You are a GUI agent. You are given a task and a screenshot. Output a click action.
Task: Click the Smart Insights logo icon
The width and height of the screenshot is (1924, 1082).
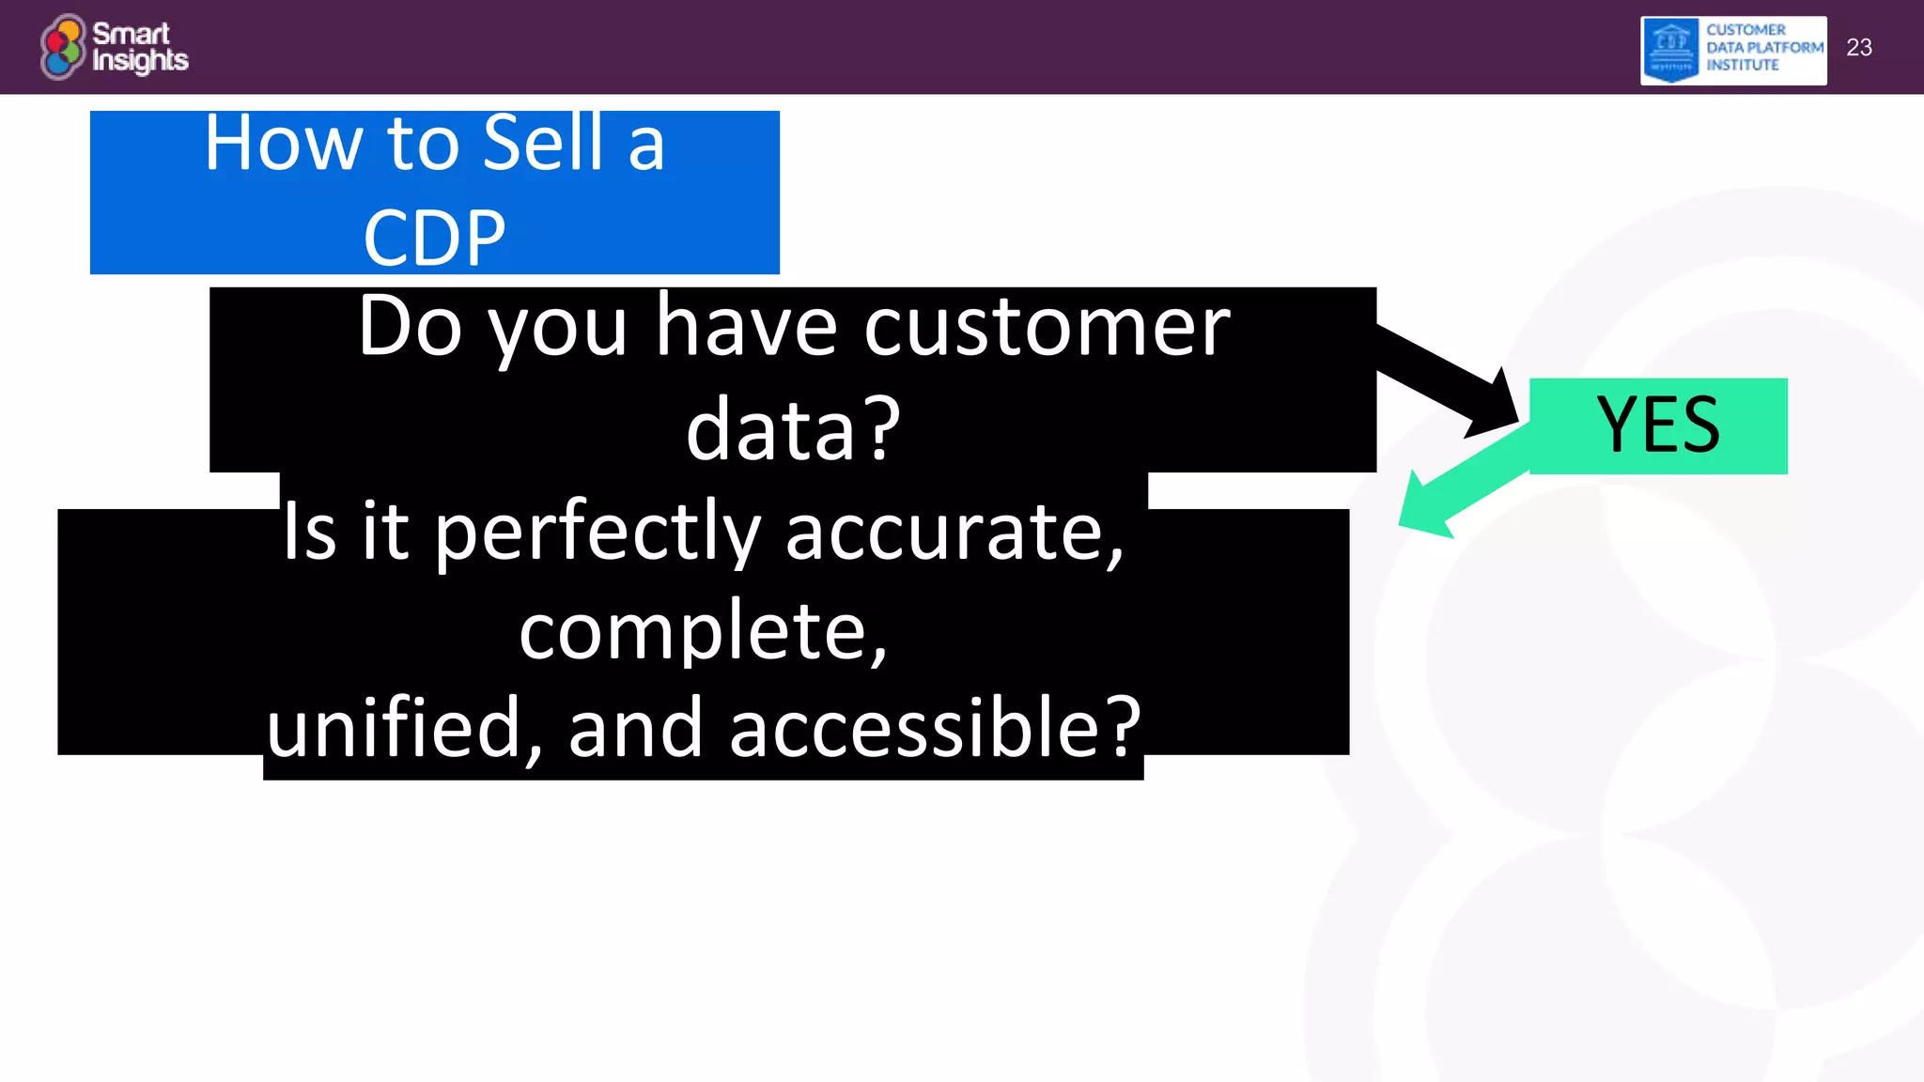pos(62,46)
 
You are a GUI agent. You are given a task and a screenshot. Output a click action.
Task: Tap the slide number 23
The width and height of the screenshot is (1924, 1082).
pos(1858,48)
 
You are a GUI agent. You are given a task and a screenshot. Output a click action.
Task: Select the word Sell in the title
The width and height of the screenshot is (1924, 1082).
pos(542,143)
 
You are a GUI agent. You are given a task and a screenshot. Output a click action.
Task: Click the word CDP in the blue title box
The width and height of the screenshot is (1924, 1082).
pos(434,238)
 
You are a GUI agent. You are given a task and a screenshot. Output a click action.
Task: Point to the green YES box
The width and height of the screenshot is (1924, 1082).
pos(1658,425)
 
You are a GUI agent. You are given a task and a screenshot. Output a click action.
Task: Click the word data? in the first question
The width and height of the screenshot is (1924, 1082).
pos(793,429)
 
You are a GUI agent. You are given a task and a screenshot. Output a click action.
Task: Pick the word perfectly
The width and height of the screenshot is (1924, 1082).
pos(597,533)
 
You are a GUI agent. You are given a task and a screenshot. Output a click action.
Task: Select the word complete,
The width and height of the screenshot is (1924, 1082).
pos(703,631)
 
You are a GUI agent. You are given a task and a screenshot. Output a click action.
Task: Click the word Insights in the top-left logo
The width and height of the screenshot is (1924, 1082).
pos(140,61)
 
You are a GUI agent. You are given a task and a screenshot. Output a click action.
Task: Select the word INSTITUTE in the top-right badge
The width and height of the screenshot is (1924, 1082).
pos(1743,65)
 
